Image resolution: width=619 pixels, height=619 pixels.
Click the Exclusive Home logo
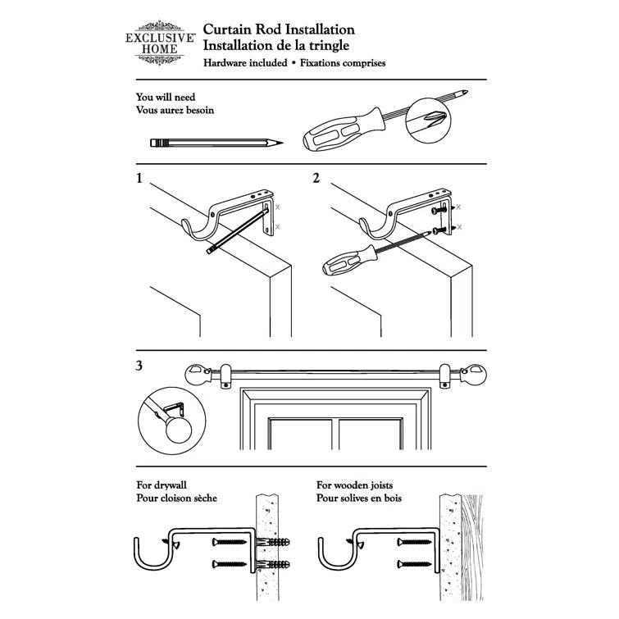click(160, 39)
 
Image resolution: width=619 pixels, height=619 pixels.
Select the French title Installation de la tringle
click(277, 45)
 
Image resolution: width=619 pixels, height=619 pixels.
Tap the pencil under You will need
click(217, 143)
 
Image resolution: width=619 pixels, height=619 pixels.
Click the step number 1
click(140, 178)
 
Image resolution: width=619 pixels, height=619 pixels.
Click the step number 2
click(316, 178)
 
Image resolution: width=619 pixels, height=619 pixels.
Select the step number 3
click(140, 366)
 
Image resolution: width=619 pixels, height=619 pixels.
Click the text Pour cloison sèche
click(177, 498)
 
